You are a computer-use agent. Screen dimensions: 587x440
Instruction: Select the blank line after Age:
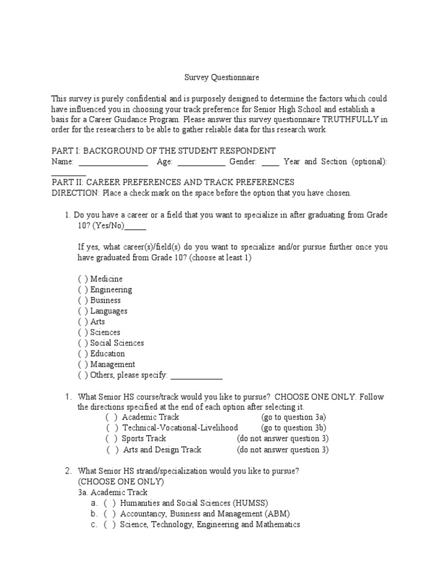[x=201, y=163]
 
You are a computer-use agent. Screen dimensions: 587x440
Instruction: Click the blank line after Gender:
[x=270, y=163]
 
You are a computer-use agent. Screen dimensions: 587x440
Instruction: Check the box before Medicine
[x=83, y=279]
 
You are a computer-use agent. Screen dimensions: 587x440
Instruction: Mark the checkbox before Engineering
[x=83, y=290]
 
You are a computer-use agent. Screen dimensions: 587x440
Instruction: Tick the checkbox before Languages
[x=83, y=311]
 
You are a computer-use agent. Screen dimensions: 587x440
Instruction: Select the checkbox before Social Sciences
[x=83, y=343]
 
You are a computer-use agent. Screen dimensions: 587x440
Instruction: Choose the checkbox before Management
[x=83, y=365]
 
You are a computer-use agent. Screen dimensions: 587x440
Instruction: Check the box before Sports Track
[x=112, y=439]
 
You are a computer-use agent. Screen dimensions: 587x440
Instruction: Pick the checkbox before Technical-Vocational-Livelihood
[x=112, y=428]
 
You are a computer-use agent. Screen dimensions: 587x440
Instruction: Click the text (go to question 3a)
[x=293, y=417]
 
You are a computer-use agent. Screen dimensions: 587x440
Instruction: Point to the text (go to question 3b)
[x=294, y=428]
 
